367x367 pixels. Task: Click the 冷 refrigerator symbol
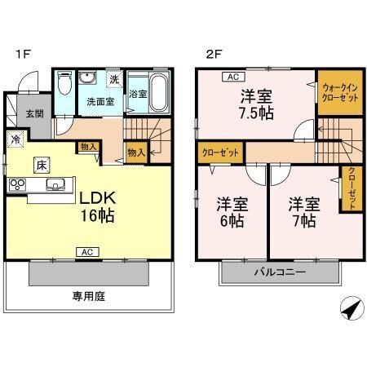15,138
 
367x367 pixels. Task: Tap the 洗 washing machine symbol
114,79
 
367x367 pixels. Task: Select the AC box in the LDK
83,253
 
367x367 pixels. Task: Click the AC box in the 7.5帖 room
232,77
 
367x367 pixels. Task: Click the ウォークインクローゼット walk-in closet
338,92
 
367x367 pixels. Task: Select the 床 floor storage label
41,164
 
